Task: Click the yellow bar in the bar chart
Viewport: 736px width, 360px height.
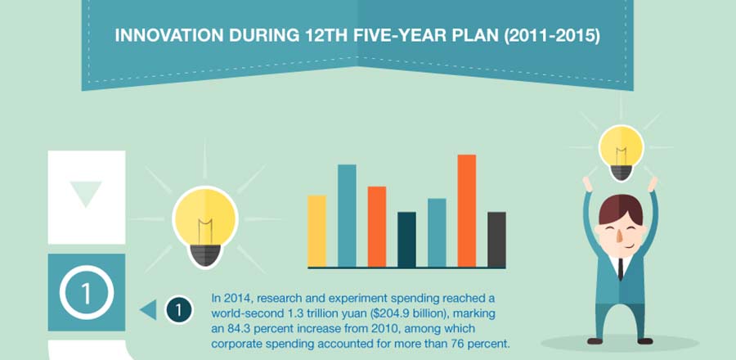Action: [316, 231]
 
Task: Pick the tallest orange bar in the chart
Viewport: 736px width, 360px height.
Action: [467, 210]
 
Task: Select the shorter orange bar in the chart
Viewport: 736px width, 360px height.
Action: [377, 227]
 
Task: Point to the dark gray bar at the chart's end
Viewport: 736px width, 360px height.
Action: [496, 239]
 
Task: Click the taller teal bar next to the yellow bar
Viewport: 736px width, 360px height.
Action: [347, 215]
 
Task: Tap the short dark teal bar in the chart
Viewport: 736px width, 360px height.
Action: [406, 239]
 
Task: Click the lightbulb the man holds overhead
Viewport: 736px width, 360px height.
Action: [622, 151]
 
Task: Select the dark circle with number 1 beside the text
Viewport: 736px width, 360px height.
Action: [178, 310]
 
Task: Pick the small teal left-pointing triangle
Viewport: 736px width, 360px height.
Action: [148, 310]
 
